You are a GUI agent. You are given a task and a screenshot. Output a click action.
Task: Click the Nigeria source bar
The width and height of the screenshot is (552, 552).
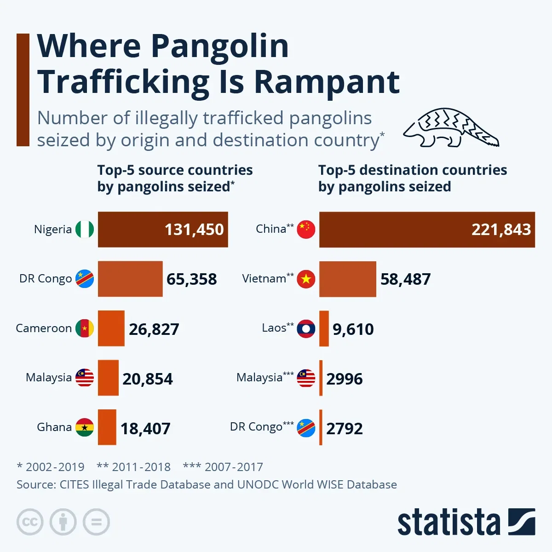click(163, 230)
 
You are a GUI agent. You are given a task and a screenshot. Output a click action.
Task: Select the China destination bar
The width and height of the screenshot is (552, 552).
click(427, 230)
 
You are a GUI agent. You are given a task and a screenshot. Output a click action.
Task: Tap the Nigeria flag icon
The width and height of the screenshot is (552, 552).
click(85, 229)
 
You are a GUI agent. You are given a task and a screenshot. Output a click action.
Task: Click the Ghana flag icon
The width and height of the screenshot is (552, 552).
click(85, 427)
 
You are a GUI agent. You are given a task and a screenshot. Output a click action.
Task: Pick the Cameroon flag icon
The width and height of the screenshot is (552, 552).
click(85, 328)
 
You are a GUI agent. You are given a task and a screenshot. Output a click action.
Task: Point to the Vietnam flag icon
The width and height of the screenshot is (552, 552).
click(306, 279)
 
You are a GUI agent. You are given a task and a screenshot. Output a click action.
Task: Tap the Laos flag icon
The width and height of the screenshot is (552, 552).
click(306, 328)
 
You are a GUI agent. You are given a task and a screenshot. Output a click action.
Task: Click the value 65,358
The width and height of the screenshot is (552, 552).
click(191, 279)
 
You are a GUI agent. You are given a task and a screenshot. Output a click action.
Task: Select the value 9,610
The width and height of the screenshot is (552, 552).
click(353, 329)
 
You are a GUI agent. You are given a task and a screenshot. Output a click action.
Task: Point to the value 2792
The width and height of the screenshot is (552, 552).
click(344, 428)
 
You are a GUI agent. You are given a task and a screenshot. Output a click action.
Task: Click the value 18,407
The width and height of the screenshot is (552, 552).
click(145, 428)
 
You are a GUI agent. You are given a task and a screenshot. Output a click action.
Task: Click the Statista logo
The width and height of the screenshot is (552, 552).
click(466, 522)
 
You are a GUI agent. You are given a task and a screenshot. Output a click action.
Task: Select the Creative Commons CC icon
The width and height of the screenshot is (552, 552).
click(30, 522)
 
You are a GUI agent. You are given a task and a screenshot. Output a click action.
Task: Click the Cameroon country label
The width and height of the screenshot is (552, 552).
click(44, 328)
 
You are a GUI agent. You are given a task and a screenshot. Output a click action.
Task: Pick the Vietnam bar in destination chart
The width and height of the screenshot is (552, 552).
click(347, 279)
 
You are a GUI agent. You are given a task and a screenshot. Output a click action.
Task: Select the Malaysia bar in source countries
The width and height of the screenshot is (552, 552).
click(108, 378)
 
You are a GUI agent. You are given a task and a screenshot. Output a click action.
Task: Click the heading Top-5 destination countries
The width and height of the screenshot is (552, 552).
click(412, 170)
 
